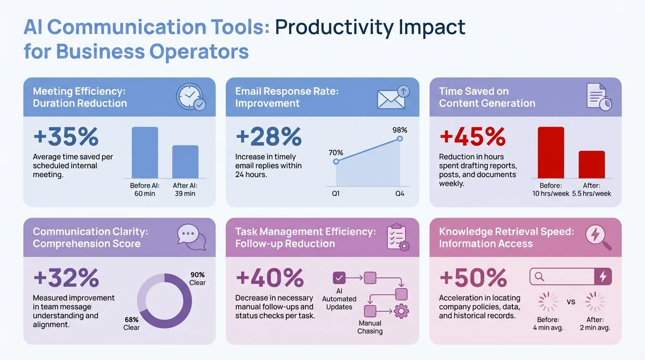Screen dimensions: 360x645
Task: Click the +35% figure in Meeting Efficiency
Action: click(x=66, y=137)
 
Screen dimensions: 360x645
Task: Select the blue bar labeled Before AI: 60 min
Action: click(x=145, y=153)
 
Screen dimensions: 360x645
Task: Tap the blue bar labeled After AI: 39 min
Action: click(x=185, y=162)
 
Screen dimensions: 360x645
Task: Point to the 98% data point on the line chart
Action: click(x=400, y=139)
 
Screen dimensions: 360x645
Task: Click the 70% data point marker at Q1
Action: click(x=336, y=161)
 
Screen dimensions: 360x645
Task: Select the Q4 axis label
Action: click(x=399, y=194)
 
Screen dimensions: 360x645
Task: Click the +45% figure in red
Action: click(x=472, y=137)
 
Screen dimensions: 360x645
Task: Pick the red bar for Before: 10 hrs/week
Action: click(x=551, y=153)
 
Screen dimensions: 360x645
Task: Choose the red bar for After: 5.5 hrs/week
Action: click(x=592, y=165)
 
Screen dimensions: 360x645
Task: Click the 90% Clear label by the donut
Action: click(x=197, y=278)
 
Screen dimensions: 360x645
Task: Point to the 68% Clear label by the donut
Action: click(x=131, y=323)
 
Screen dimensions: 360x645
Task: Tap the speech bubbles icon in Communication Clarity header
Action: click(x=191, y=237)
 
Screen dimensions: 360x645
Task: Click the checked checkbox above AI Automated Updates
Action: click(x=339, y=278)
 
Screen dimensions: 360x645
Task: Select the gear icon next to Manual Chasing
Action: click(x=401, y=311)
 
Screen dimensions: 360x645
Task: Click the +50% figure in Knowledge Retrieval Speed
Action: click(x=473, y=278)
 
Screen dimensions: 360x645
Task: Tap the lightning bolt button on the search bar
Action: click(x=603, y=277)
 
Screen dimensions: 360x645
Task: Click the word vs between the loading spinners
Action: click(x=571, y=301)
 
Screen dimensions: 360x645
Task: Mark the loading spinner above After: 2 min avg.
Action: click(x=595, y=302)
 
